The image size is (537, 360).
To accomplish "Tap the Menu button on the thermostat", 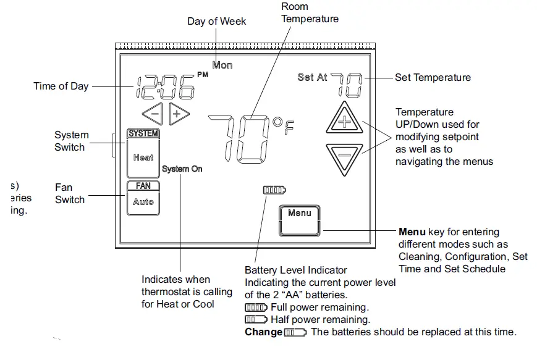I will click(x=300, y=220).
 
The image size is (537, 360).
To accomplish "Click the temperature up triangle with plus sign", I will click(x=344, y=120).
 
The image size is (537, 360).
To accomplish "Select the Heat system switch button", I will click(x=143, y=157).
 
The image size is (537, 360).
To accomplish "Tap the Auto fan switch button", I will click(x=143, y=202).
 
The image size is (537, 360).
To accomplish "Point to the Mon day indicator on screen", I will click(x=222, y=65).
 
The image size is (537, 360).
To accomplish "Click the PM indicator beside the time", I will click(x=203, y=75).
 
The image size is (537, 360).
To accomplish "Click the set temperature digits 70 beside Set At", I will click(x=347, y=83).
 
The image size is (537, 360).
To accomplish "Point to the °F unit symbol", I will click(x=284, y=127).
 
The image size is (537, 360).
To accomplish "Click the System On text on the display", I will click(x=182, y=169).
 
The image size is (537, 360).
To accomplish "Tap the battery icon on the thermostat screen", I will click(x=274, y=190).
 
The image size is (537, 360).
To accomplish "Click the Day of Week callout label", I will click(x=217, y=22).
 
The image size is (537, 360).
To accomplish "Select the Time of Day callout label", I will click(x=61, y=86).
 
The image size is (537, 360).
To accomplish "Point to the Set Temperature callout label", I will click(x=433, y=78).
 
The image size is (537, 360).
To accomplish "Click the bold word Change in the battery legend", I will click(x=263, y=332).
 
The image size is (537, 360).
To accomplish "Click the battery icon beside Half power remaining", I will click(x=256, y=320).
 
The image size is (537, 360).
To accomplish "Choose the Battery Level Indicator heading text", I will click(x=296, y=270).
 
